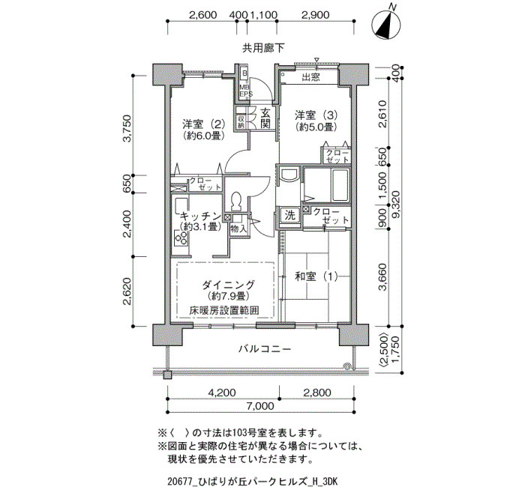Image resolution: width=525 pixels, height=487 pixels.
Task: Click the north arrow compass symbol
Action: pos(386,23)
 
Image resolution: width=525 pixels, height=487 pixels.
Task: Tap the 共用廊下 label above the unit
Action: pos(263,49)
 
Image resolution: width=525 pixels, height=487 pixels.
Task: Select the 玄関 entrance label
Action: pos(265,118)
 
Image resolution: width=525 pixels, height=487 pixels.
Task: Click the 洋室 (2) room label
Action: pos(204,124)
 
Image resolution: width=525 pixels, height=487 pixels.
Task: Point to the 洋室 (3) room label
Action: pos(316,115)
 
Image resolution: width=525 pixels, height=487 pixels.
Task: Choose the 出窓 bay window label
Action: pos(311,77)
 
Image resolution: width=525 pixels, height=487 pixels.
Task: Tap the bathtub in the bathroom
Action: pos(340,184)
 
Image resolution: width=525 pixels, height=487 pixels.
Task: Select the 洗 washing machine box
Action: pos(290,216)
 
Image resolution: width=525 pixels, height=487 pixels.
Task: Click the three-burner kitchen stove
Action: pos(181,238)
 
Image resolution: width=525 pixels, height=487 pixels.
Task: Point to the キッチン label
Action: pos(200,216)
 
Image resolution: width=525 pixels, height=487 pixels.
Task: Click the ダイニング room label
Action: pos(228,285)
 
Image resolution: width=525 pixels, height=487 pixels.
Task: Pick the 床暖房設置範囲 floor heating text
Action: pos(224,310)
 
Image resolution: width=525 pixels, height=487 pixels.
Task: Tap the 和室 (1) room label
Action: pos(316,276)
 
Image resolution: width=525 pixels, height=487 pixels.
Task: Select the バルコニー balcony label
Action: pos(265,350)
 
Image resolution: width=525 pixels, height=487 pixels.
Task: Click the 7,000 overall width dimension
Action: pos(260,406)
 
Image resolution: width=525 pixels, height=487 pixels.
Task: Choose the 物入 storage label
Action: pos(238,229)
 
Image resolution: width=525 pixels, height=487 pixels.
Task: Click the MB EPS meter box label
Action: pos(245,91)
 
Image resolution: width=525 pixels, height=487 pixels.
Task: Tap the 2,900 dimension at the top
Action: pos(316,15)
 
